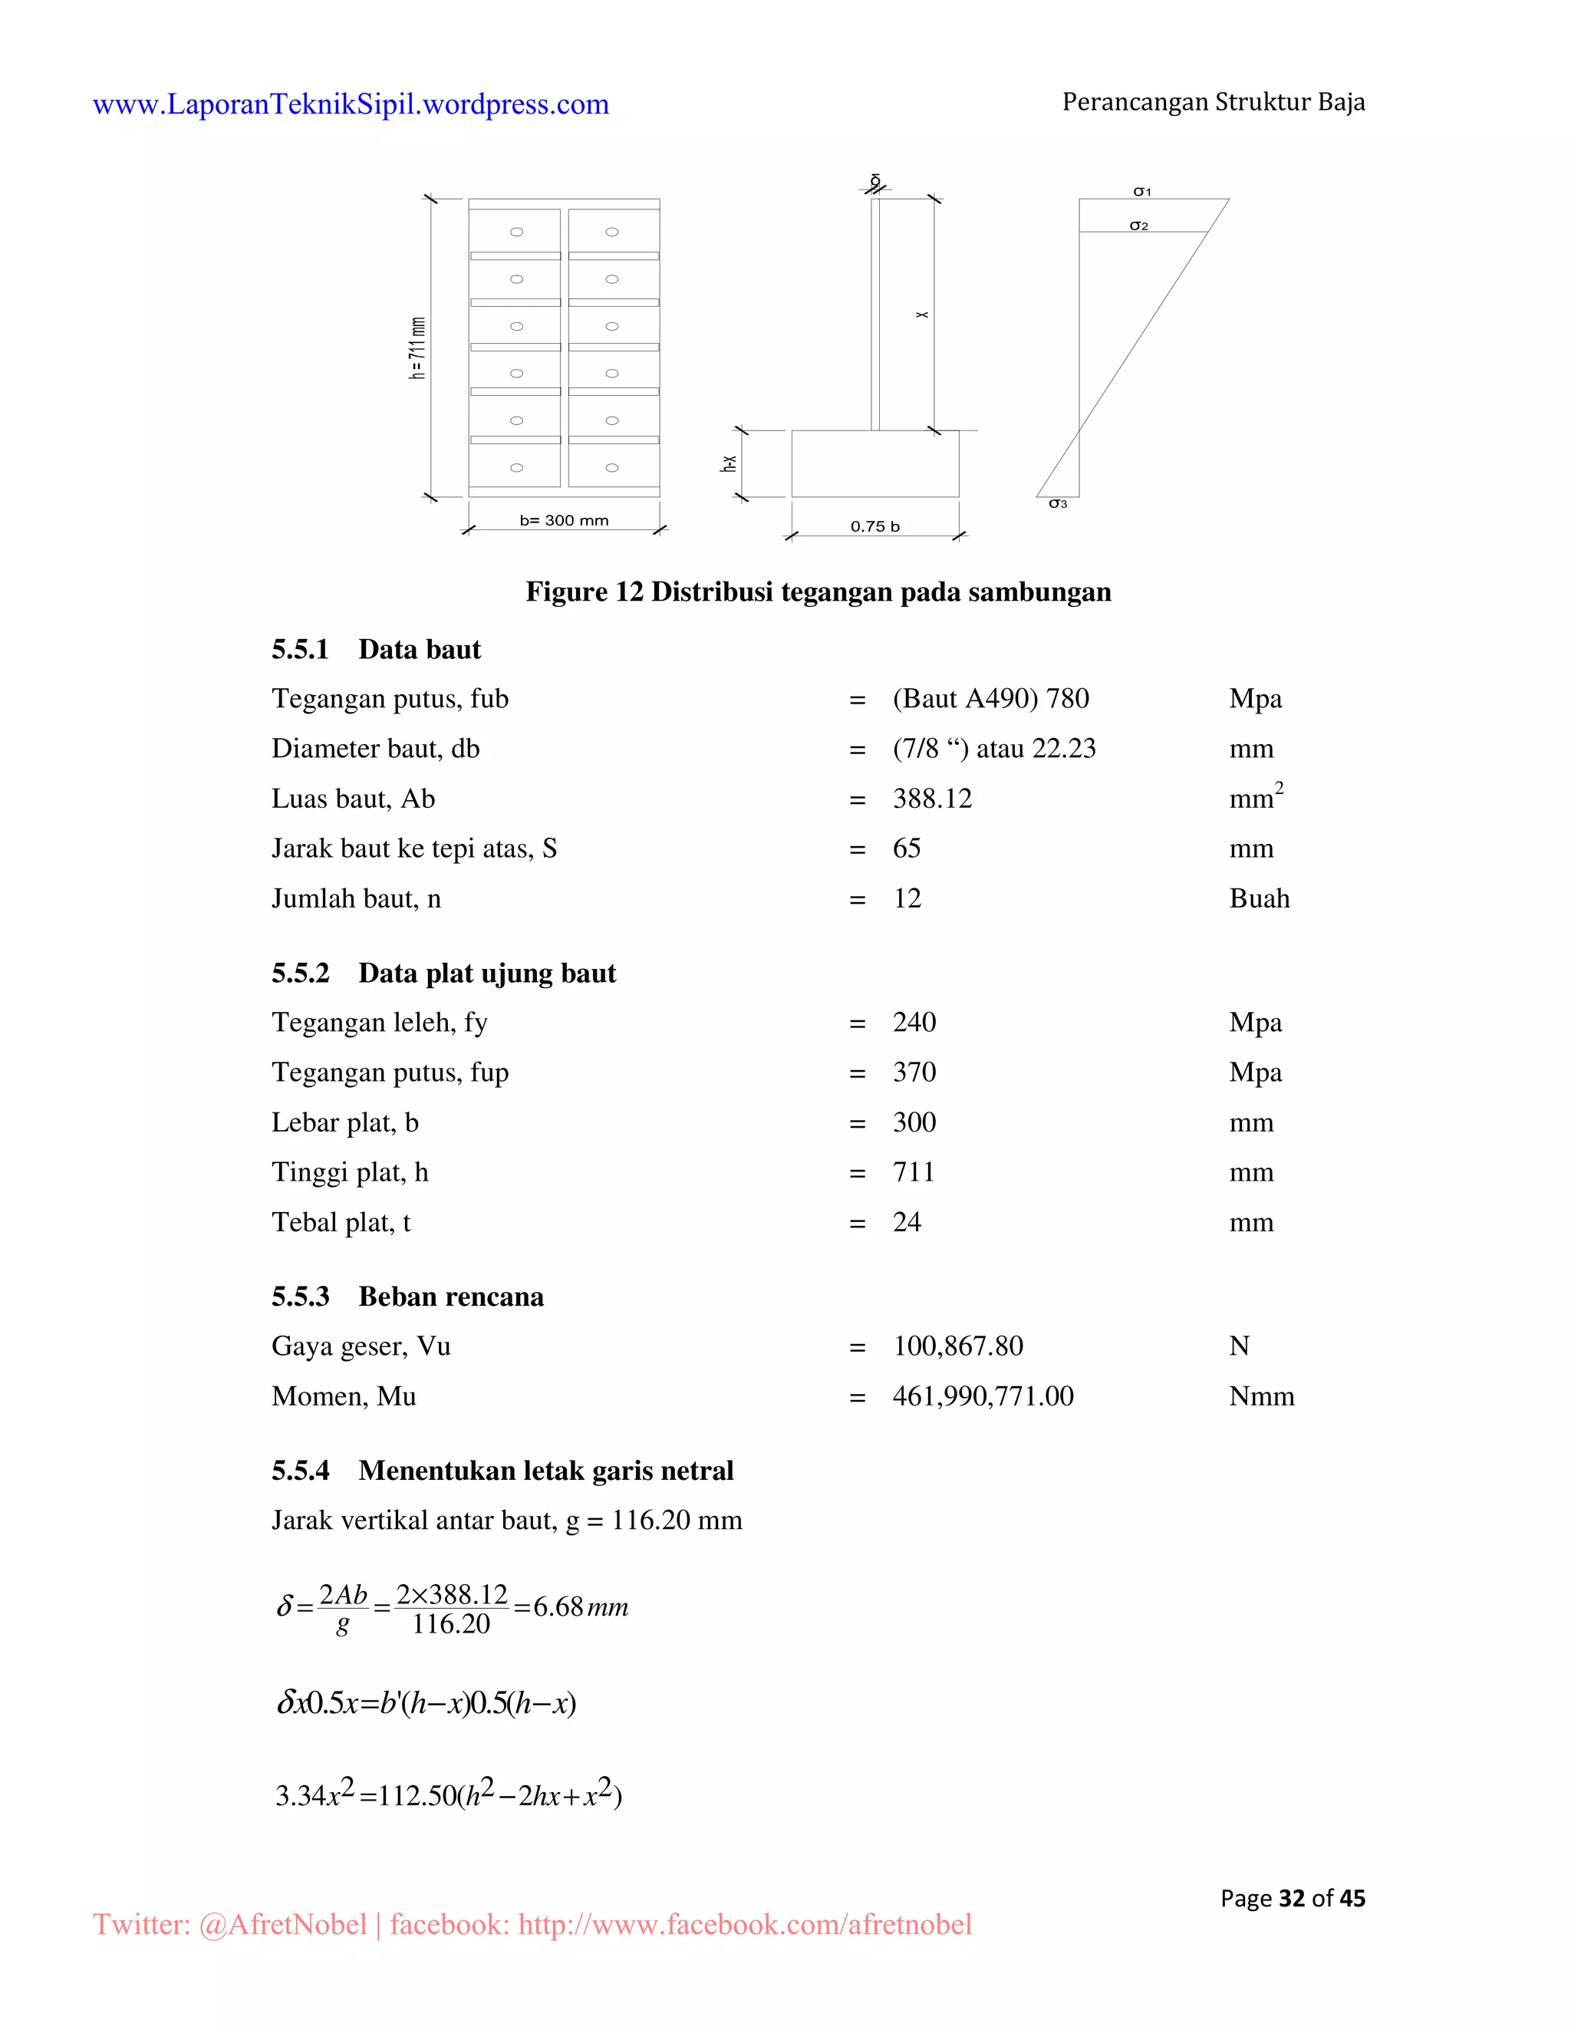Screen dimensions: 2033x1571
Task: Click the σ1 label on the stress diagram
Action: coord(1142,192)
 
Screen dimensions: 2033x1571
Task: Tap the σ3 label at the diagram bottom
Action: coord(1058,503)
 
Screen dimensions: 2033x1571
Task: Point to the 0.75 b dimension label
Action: coord(874,527)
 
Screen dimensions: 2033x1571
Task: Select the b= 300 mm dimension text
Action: coord(564,520)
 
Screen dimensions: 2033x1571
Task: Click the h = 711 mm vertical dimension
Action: coord(418,348)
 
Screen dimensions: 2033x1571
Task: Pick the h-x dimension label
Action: coord(729,463)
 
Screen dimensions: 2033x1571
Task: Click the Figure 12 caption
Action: coord(818,592)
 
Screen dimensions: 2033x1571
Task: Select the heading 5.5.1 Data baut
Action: coord(376,650)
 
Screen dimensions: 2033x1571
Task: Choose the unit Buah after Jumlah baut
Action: coord(1260,898)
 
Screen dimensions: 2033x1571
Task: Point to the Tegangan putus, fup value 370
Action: coord(914,1073)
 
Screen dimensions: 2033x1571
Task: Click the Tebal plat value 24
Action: coord(907,1222)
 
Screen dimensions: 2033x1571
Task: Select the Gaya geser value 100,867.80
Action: coord(957,1346)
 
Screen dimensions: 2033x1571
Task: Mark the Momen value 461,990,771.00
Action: coord(983,1396)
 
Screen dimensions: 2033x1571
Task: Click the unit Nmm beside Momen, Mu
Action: coord(1261,1396)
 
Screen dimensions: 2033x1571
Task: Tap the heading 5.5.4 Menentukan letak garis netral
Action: coord(502,1471)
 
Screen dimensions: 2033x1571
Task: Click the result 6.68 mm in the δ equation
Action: coord(580,1607)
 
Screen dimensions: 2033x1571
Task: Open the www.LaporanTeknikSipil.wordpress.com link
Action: coord(351,104)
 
